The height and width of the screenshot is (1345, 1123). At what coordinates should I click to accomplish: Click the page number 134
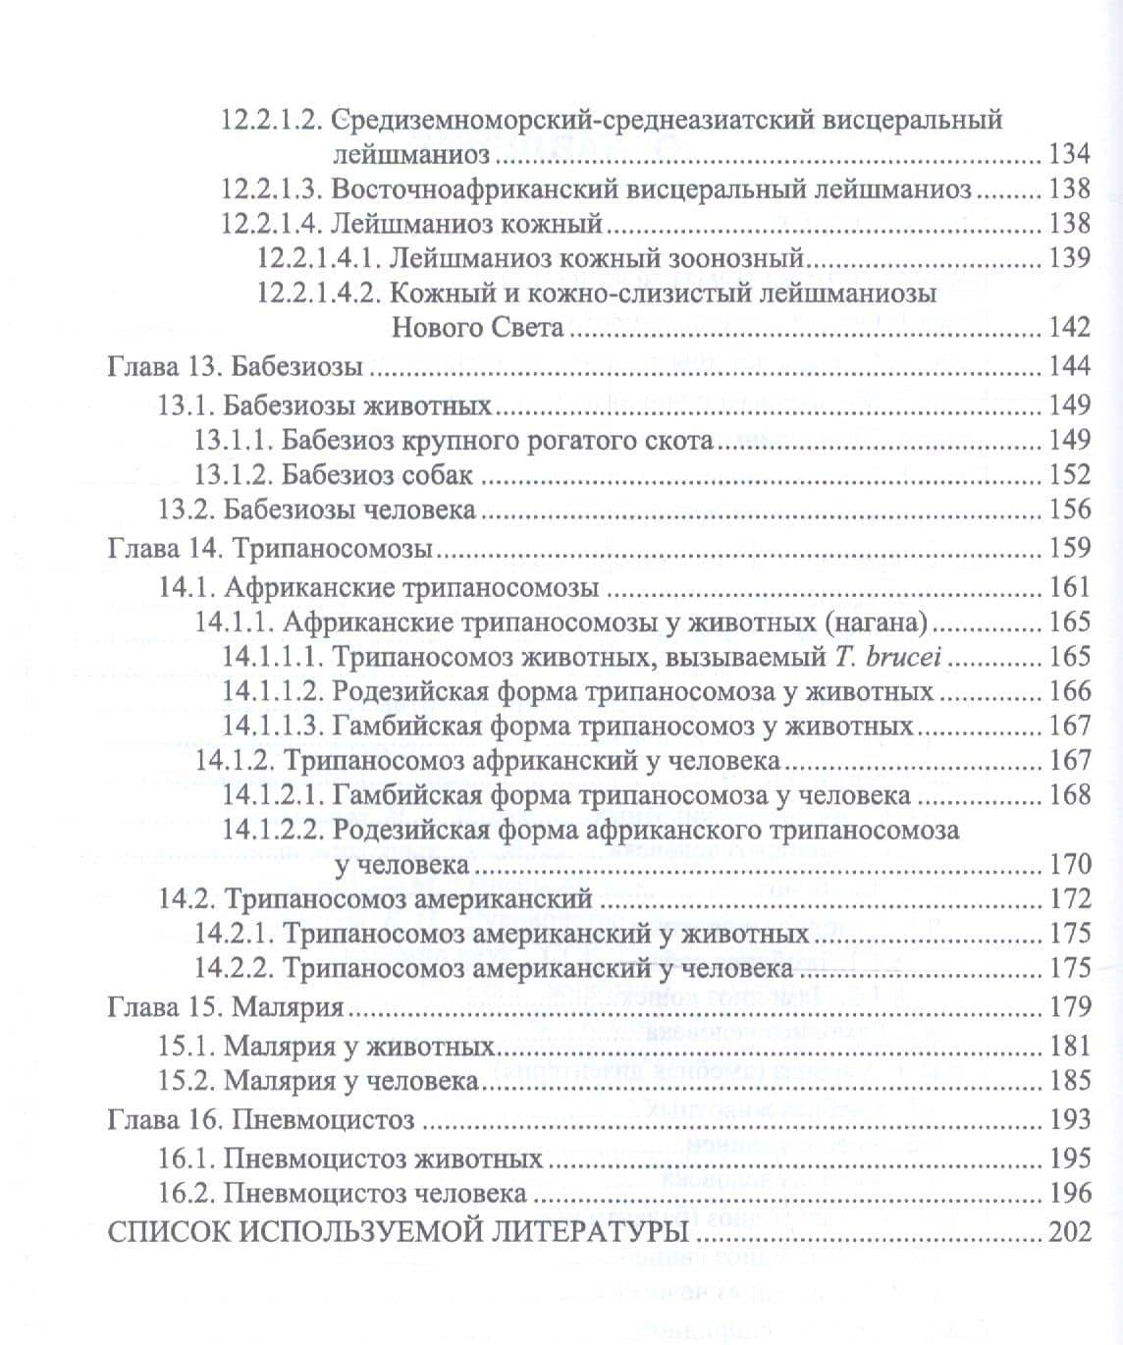point(1069,154)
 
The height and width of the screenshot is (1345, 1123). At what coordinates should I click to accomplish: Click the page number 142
point(1069,327)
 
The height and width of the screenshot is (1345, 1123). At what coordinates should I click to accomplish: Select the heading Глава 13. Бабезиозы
point(236,366)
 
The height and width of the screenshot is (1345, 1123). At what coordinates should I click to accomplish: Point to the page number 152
point(1069,474)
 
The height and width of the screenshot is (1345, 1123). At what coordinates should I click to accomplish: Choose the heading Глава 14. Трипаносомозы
point(270,548)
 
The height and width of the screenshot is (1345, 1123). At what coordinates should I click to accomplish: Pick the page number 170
point(1069,864)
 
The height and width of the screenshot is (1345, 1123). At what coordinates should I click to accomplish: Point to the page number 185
point(1069,1080)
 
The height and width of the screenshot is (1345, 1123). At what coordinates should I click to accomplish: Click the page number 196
point(1069,1193)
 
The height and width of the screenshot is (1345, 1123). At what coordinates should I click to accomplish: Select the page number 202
point(1069,1231)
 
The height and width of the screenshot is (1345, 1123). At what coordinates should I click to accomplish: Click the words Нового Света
point(478,327)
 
